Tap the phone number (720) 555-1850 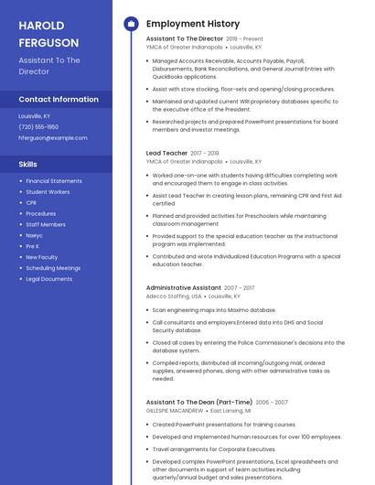click(38, 127)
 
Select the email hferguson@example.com click(53, 137)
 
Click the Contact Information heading click(59, 99)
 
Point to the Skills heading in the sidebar click(28, 164)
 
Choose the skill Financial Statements click(54, 181)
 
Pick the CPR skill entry click(31, 202)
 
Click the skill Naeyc click(34, 235)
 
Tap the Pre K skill click(33, 246)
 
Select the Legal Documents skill click(49, 278)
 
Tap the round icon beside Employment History click(131, 23)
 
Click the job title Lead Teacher click(167, 153)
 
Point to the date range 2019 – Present click(244, 39)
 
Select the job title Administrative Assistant click(183, 287)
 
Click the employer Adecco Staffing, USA click(174, 296)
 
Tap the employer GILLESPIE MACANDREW click(175, 411)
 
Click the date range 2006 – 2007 click(272, 402)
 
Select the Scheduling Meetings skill click(53, 268)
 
